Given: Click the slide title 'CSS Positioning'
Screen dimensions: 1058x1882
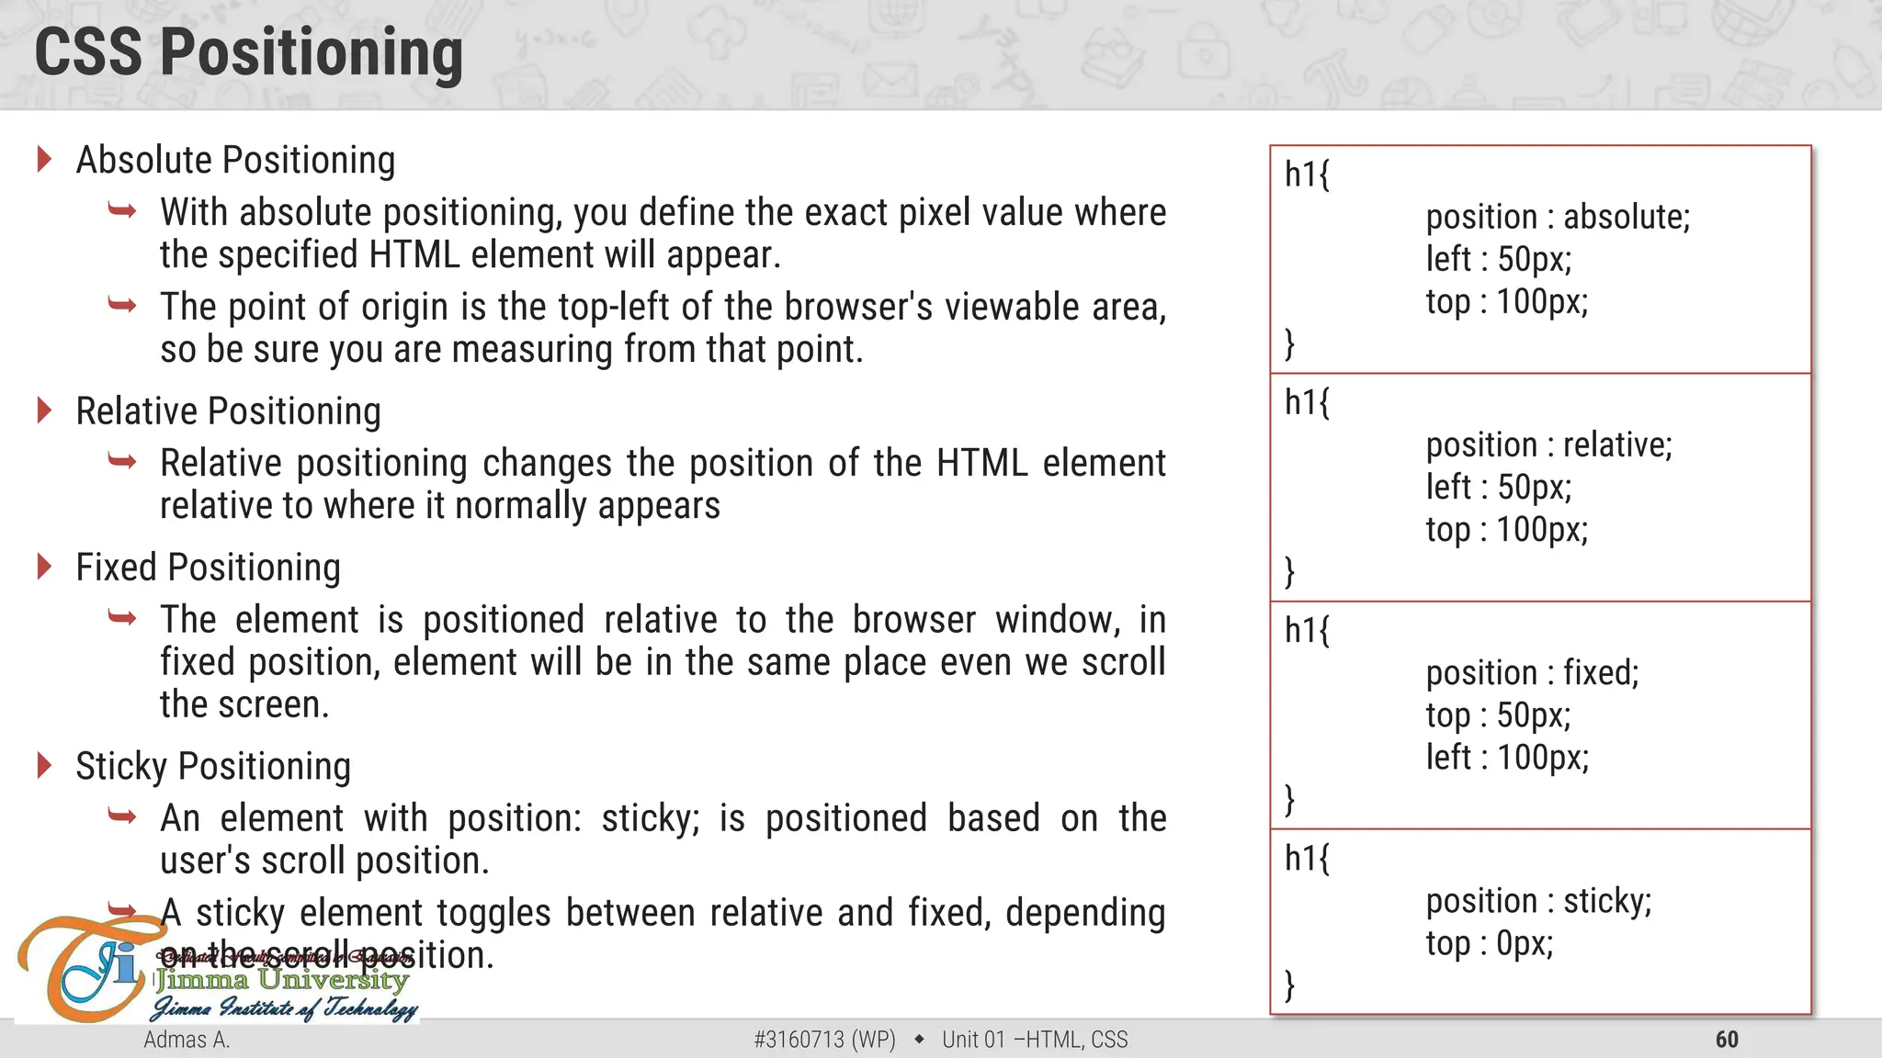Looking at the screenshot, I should [x=248, y=52].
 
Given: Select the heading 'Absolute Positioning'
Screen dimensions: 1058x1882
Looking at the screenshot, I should [x=235, y=160].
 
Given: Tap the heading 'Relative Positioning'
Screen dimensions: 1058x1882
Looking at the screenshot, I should [x=228, y=411].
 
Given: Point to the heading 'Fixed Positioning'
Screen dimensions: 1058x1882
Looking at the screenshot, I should [x=208, y=568].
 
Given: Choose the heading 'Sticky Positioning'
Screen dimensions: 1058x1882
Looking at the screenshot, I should [x=213, y=766].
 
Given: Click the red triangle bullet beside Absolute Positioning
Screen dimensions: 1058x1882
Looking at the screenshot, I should [x=44, y=159].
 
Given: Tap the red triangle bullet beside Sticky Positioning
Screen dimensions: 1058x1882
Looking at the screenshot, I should [x=44, y=765].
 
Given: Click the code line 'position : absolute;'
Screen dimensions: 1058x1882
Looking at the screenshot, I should [x=1558, y=217].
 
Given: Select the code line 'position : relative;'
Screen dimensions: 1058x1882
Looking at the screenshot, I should [x=1548, y=445].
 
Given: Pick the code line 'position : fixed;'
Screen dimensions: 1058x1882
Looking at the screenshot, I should [x=1532, y=673].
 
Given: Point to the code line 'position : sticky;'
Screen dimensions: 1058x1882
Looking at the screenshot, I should [x=1538, y=901].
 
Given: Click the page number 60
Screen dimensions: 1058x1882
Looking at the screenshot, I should [x=1727, y=1040].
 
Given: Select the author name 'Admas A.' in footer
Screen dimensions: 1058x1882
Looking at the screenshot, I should [x=187, y=1040].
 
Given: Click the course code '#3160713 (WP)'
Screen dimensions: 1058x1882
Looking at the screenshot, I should [x=824, y=1040].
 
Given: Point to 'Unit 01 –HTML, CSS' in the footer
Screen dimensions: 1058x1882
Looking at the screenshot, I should [x=1035, y=1040].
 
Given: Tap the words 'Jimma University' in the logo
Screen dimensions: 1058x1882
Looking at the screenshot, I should [x=281, y=980].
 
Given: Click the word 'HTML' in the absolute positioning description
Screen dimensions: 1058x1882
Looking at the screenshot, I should [x=414, y=255].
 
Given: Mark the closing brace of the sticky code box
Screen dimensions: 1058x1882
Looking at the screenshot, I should [x=1290, y=985].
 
